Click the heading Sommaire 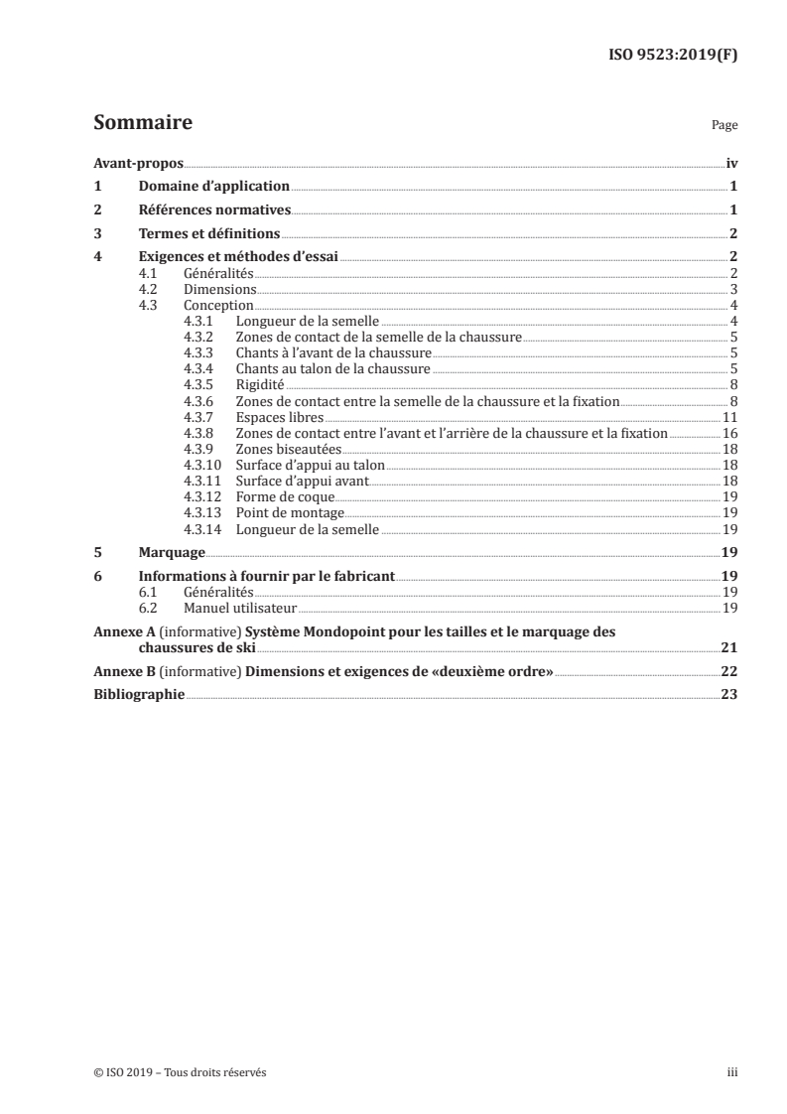[x=142, y=124]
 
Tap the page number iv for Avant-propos [x=730, y=166]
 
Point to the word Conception [x=218, y=305]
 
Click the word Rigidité [x=260, y=384]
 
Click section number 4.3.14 [x=200, y=529]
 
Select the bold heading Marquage [x=172, y=552]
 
